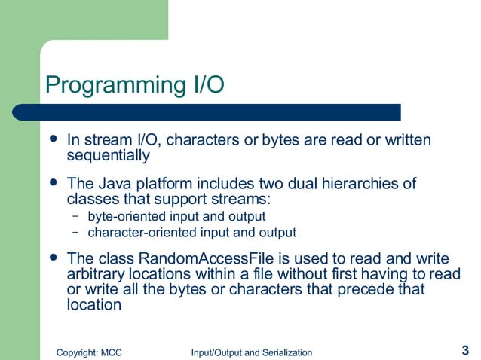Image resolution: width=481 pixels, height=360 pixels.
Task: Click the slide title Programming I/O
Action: (x=135, y=84)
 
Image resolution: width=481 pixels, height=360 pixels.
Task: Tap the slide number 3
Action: (x=464, y=349)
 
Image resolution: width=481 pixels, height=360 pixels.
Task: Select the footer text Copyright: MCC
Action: (x=90, y=352)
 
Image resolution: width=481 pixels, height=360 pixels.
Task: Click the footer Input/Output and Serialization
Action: (x=251, y=352)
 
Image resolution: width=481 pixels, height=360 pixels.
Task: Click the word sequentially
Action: (x=109, y=156)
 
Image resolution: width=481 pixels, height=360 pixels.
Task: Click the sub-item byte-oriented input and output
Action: (x=176, y=217)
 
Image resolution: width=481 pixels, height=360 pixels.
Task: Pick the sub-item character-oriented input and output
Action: (x=191, y=232)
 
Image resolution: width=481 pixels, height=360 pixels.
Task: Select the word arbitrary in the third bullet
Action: (x=93, y=273)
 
